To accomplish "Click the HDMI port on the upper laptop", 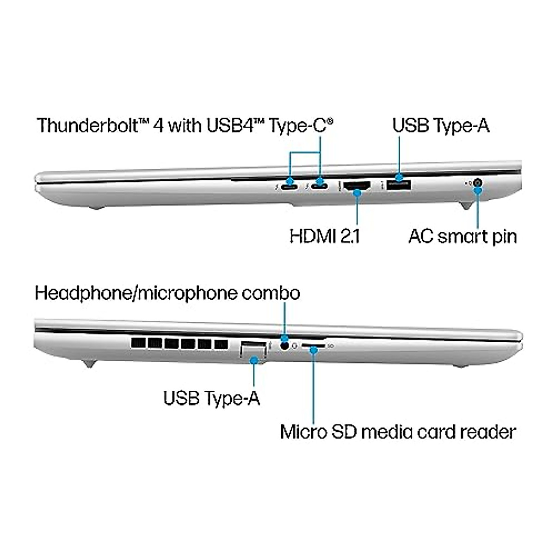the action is [357, 186].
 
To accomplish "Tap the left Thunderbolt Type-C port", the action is [290, 187].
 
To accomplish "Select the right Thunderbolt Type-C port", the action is [319, 186].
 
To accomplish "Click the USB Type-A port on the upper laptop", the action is [399, 185].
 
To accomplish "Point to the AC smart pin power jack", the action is [478, 183].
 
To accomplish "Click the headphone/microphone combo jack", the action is [284, 345].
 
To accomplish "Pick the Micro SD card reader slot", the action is [314, 345].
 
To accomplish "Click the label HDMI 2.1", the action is [325, 236].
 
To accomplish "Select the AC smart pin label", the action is [462, 237].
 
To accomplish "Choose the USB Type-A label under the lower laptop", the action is [212, 398].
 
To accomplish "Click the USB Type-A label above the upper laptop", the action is [441, 126].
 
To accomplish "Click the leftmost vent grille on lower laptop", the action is [138, 343].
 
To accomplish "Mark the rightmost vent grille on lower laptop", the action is [221, 344].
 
